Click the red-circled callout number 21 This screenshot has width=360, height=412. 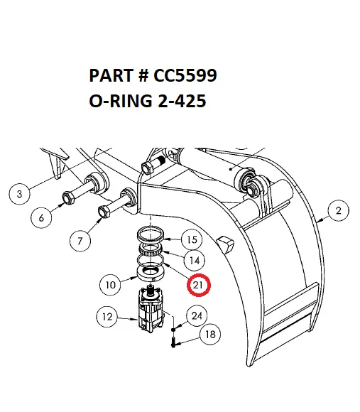coord(200,285)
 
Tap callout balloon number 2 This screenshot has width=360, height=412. coord(338,210)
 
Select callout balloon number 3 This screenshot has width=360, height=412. coord(20,193)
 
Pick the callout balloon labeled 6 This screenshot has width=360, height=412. coord(41,219)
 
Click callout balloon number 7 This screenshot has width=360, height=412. coord(80,242)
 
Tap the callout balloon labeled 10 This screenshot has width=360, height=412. coord(110,286)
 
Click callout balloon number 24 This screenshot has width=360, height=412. coord(197,315)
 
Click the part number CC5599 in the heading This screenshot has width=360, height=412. coord(189,76)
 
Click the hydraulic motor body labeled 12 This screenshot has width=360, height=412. coord(152,313)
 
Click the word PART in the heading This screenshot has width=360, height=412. coord(112,76)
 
